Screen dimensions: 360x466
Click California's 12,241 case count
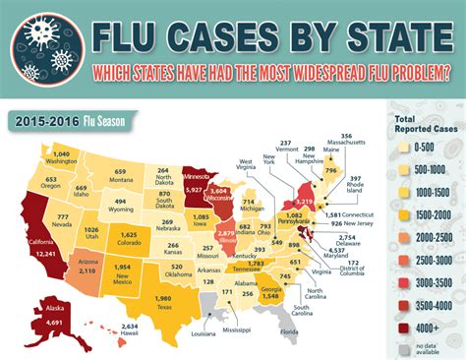tap(41, 279)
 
